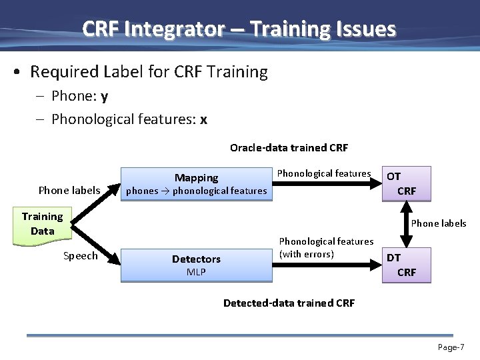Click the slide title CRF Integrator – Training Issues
tap(239, 29)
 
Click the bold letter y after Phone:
tap(105, 97)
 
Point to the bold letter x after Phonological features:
tap(203, 119)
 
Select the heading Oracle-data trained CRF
tap(289, 147)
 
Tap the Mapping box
tap(196, 184)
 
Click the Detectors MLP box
tap(196, 265)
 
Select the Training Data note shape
tap(42, 225)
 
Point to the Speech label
tap(80, 256)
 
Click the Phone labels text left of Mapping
tap(69, 191)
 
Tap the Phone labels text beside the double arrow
tap(439, 223)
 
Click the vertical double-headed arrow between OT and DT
tap(405, 224)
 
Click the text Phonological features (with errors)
tap(325, 247)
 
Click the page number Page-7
tap(451, 347)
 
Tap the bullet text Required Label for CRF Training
tap(149, 72)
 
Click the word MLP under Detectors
tap(196, 273)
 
